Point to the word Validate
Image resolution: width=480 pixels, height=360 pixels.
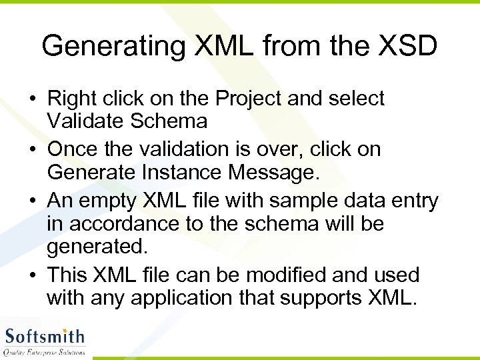coord(85,121)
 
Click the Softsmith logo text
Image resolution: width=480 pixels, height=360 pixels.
coord(45,336)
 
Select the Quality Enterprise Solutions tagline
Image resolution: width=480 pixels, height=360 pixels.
coord(45,352)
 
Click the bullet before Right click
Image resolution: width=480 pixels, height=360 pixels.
coord(33,99)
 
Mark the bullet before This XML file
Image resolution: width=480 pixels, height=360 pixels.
coord(33,275)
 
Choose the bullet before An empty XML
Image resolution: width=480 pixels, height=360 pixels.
coord(33,201)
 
